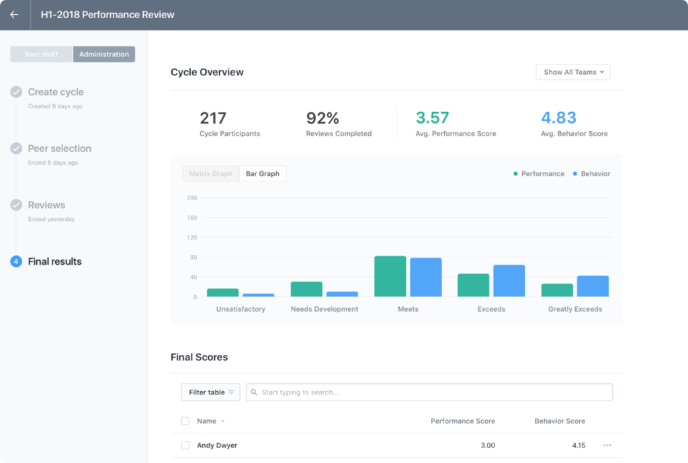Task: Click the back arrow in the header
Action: (14, 15)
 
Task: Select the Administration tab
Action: (104, 54)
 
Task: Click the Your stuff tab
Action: (41, 54)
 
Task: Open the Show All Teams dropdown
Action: (573, 72)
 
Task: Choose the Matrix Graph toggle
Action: (210, 173)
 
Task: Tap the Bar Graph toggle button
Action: (263, 173)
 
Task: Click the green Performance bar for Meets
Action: (390, 276)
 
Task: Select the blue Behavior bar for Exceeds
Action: (509, 281)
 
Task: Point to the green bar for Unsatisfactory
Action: (222, 292)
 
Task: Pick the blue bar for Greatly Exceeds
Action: (593, 286)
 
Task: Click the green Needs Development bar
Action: (306, 289)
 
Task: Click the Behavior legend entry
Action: (591, 173)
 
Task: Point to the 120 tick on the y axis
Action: (191, 237)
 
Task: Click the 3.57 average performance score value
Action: (432, 118)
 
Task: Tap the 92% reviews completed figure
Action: (322, 118)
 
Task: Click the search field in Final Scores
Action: (430, 392)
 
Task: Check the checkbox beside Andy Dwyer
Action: (185, 446)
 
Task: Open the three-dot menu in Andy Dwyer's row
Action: (607, 446)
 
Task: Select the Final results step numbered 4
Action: (54, 261)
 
